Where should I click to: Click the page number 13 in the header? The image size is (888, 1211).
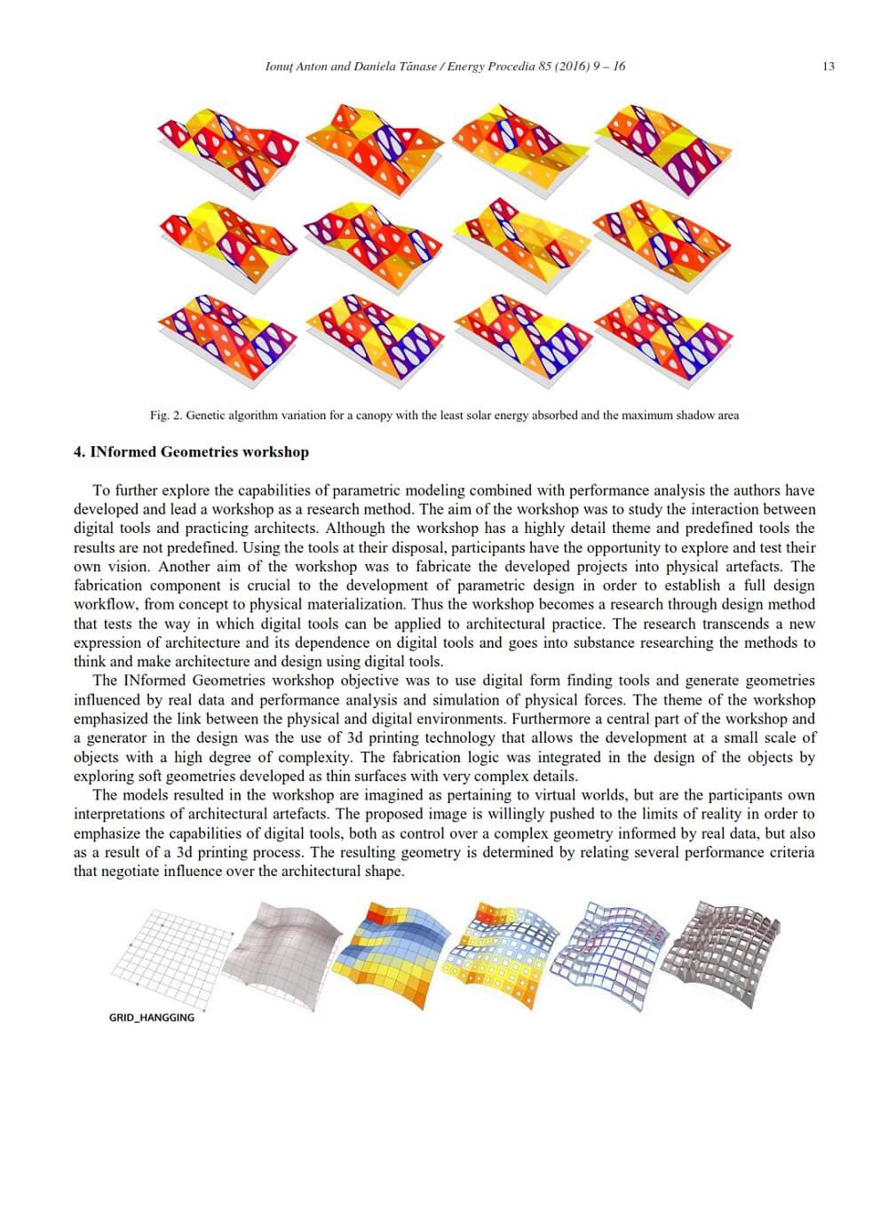(828, 67)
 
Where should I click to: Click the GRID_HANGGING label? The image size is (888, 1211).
(151, 1017)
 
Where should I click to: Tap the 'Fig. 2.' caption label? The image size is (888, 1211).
(166, 415)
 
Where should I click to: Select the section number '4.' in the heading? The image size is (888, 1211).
(80, 452)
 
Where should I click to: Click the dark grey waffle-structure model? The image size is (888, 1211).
(725, 947)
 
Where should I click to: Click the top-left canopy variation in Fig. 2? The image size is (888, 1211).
(226, 146)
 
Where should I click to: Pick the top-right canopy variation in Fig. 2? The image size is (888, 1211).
(665, 147)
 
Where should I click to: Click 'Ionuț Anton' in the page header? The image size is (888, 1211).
(296, 67)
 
